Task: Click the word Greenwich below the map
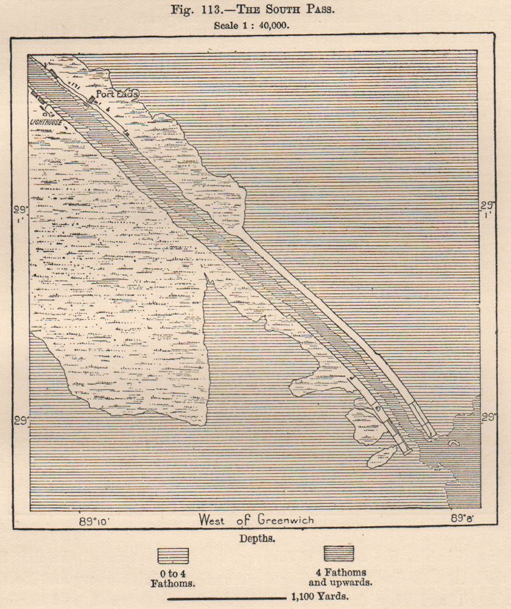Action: [x=287, y=520]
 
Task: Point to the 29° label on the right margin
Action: [x=488, y=417]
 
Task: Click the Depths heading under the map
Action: [x=256, y=539]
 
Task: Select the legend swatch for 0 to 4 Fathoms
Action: [x=172, y=556]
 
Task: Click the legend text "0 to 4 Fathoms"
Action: [x=173, y=578]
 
